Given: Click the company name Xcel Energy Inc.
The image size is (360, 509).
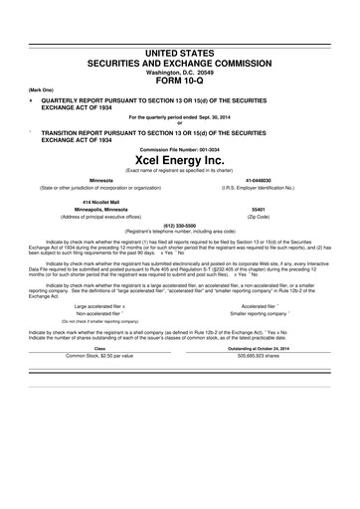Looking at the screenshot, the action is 180,158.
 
